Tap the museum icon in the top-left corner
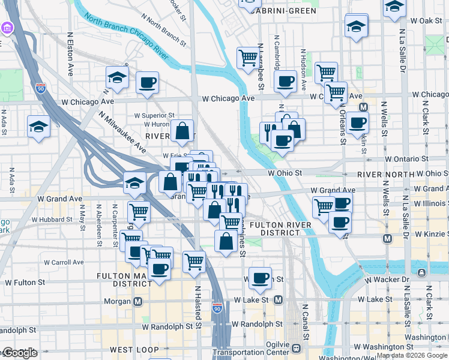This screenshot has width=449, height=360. (x=7, y=28)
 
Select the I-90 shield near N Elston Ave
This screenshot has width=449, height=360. (x=41, y=88)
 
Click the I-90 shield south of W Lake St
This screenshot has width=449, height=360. (x=217, y=308)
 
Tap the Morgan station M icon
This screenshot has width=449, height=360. (x=138, y=301)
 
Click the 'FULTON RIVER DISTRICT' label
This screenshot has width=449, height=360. (x=280, y=229)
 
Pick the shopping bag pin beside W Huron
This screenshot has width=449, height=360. (x=182, y=130)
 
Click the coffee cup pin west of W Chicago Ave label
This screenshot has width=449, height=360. (x=147, y=83)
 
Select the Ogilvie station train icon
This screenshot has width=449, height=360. (x=295, y=348)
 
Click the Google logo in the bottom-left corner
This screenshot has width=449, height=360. (x=19, y=353)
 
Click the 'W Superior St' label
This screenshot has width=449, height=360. (x=154, y=115)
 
